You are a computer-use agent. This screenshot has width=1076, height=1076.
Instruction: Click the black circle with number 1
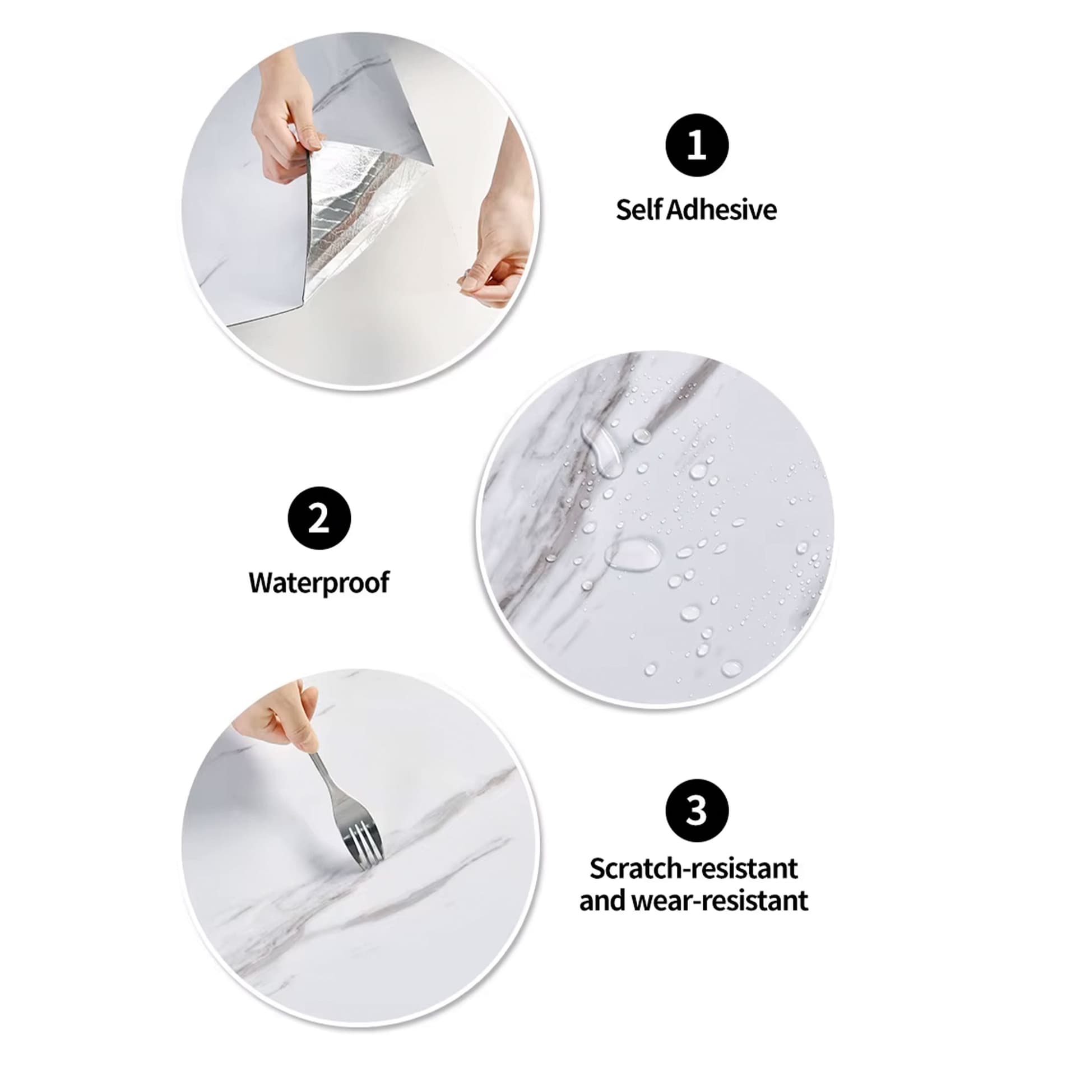[x=697, y=146]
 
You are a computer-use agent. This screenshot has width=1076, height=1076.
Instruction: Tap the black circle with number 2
[x=319, y=518]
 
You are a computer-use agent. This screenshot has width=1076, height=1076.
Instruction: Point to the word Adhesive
[x=722, y=210]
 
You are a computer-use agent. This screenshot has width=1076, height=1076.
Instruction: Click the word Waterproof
[x=319, y=583]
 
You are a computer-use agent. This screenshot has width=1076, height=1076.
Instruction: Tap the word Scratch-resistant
[x=694, y=869]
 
